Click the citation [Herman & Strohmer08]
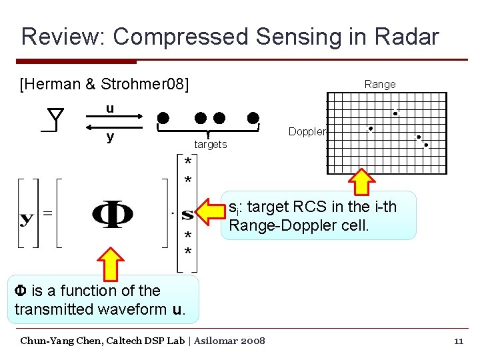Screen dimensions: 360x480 tap(105, 84)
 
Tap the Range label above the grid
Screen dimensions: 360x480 tap(379, 84)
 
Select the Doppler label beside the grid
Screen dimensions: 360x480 tap(307, 132)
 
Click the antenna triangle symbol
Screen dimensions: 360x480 tap(56, 117)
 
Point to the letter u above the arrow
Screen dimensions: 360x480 tap(110, 109)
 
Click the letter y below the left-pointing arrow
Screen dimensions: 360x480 tap(110, 137)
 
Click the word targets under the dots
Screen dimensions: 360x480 tap(211, 145)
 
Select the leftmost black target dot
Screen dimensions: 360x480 tap(163, 118)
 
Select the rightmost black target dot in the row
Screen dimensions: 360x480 tap(253, 118)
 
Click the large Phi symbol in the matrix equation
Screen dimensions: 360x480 tap(111, 215)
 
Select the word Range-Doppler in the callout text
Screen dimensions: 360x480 tap(273, 225)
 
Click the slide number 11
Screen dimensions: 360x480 tap(458, 341)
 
